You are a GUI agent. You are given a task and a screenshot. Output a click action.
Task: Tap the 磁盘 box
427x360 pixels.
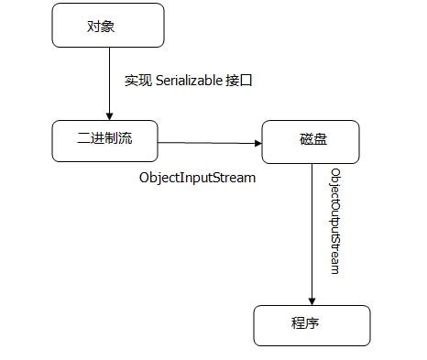(310, 142)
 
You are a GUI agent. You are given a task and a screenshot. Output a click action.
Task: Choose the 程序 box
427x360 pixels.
(312, 324)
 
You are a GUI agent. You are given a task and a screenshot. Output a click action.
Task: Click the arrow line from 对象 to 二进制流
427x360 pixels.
(109, 82)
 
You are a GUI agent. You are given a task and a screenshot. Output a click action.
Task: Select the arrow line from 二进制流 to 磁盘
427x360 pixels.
(206, 142)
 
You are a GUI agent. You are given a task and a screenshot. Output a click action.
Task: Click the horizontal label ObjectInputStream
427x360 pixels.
(196, 177)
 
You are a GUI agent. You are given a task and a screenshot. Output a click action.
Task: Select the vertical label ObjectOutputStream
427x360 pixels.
(335, 221)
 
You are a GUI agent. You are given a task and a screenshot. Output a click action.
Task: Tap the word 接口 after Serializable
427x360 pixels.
(239, 81)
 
